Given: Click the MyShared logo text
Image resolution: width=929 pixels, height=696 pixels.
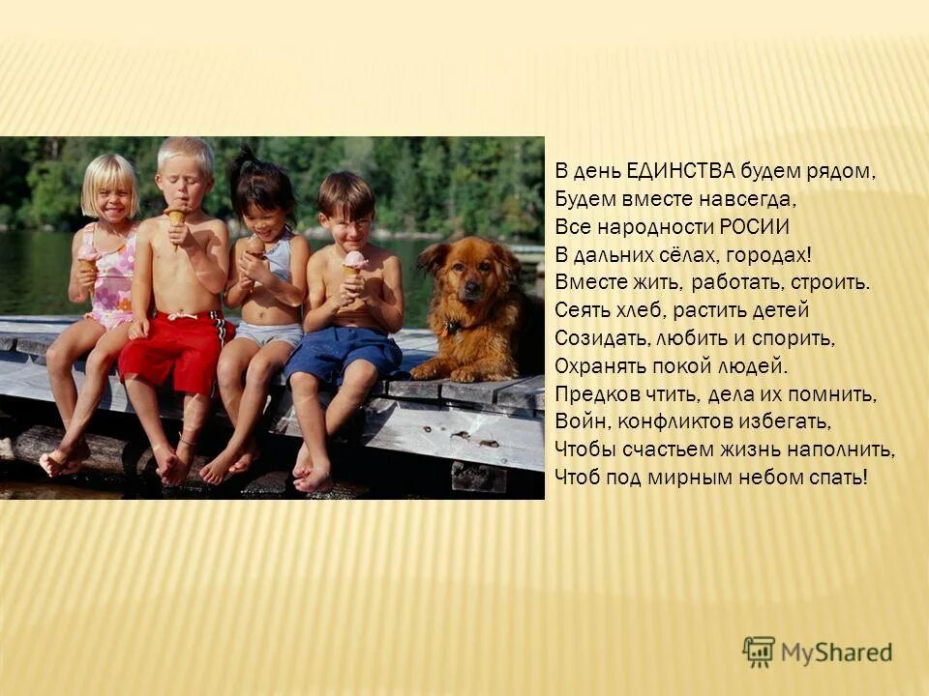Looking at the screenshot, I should pos(836,652).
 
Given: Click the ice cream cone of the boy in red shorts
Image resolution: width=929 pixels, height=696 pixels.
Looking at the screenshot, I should pos(176,218).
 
